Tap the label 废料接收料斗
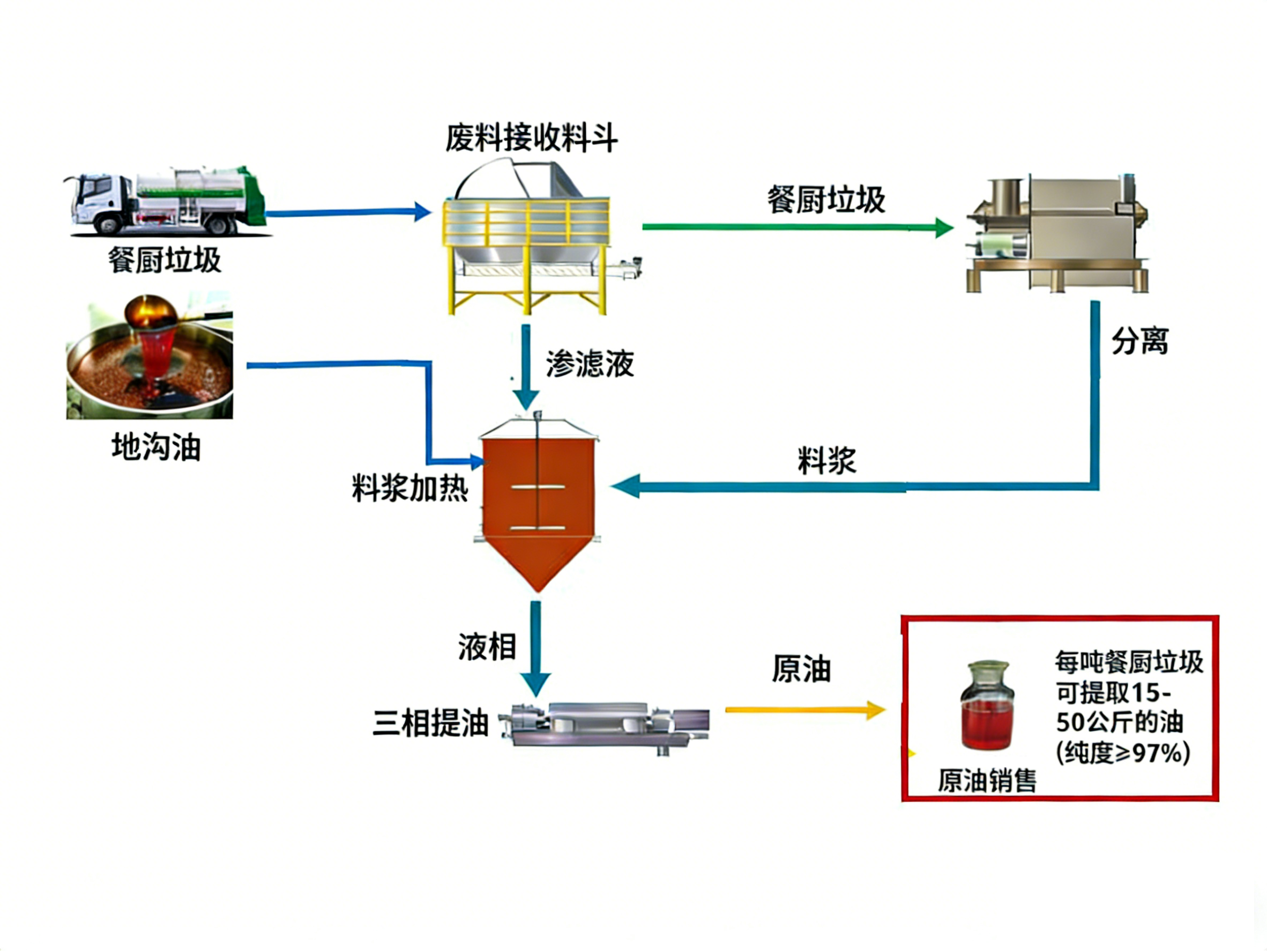tap(532, 138)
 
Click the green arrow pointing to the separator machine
tap(796, 227)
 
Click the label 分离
tap(1139, 342)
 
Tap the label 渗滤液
tap(590, 364)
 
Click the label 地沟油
tap(156, 447)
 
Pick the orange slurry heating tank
tap(539, 504)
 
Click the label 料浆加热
tap(410, 489)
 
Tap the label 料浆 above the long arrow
tap(826, 460)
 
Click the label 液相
tap(487, 647)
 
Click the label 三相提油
tap(430, 723)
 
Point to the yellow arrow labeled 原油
tap(805, 710)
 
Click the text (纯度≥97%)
tap(1123, 753)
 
